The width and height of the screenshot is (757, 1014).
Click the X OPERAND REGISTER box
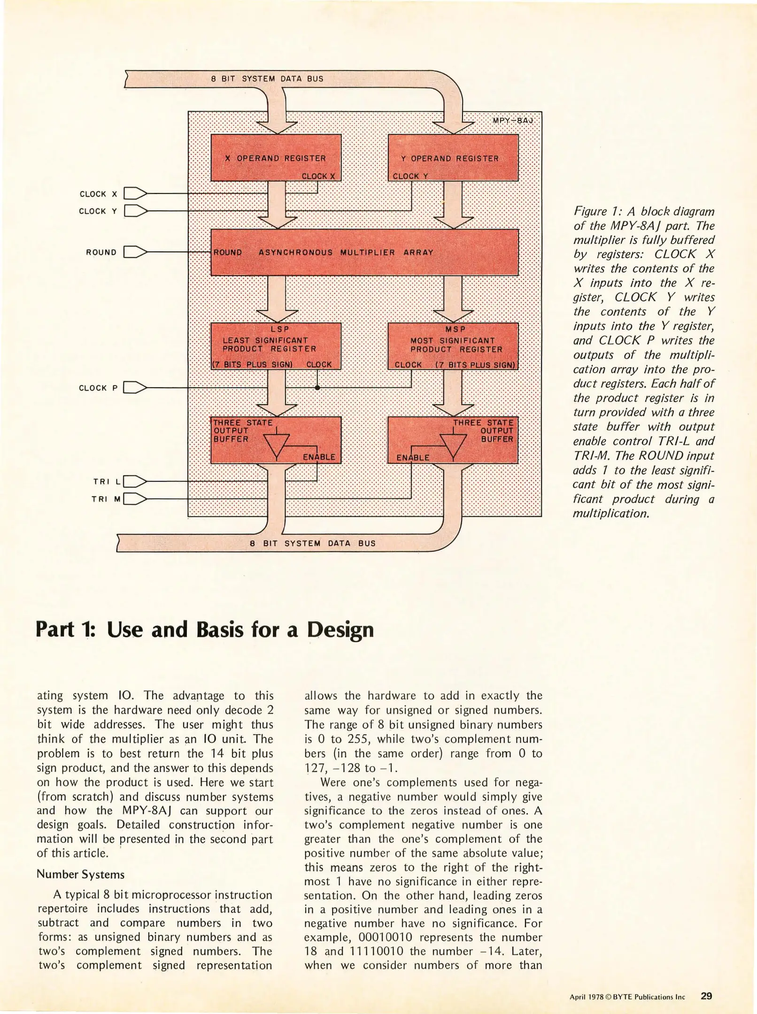tap(276, 157)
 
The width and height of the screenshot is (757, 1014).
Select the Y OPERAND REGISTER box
tap(453, 157)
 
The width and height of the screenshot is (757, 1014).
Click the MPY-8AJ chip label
tap(513, 121)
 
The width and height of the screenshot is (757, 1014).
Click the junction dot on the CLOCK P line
tap(317, 388)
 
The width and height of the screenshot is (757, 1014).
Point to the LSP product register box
tap(276, 346)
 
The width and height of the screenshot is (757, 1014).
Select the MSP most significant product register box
tap(453, 346)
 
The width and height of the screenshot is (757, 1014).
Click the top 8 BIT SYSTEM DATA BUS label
tap(267, 79)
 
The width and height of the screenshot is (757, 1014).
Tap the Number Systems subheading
tap(81, 874)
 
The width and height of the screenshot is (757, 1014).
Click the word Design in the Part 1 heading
tap(340, 630)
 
